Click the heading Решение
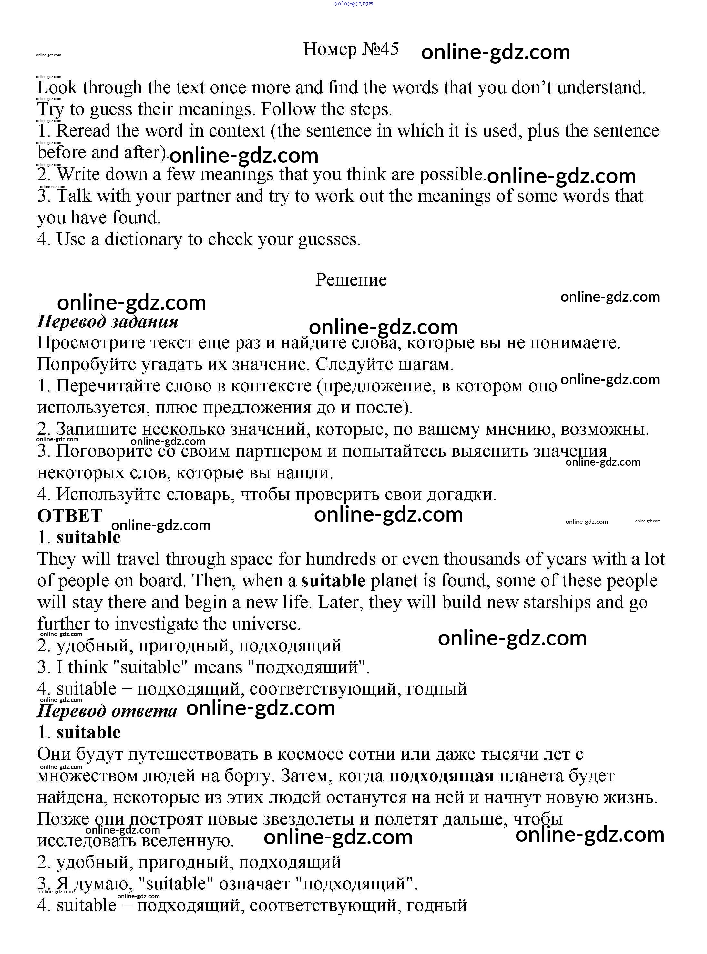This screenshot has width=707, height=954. pyautogui.click(x=351, y=280)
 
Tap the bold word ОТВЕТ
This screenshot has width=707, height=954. pyautogui.click(x=70, y=516)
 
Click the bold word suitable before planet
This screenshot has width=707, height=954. pyautogui.click(x=333, y=581)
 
